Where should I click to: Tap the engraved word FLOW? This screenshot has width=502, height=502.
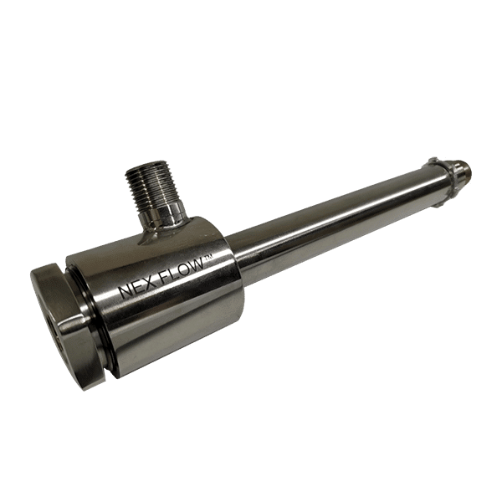click(182, 270)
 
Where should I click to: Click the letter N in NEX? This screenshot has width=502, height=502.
click(125, 293)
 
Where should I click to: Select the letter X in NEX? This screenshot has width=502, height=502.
click(151, 283)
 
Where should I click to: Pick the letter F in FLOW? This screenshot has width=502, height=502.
click(164, 278)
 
